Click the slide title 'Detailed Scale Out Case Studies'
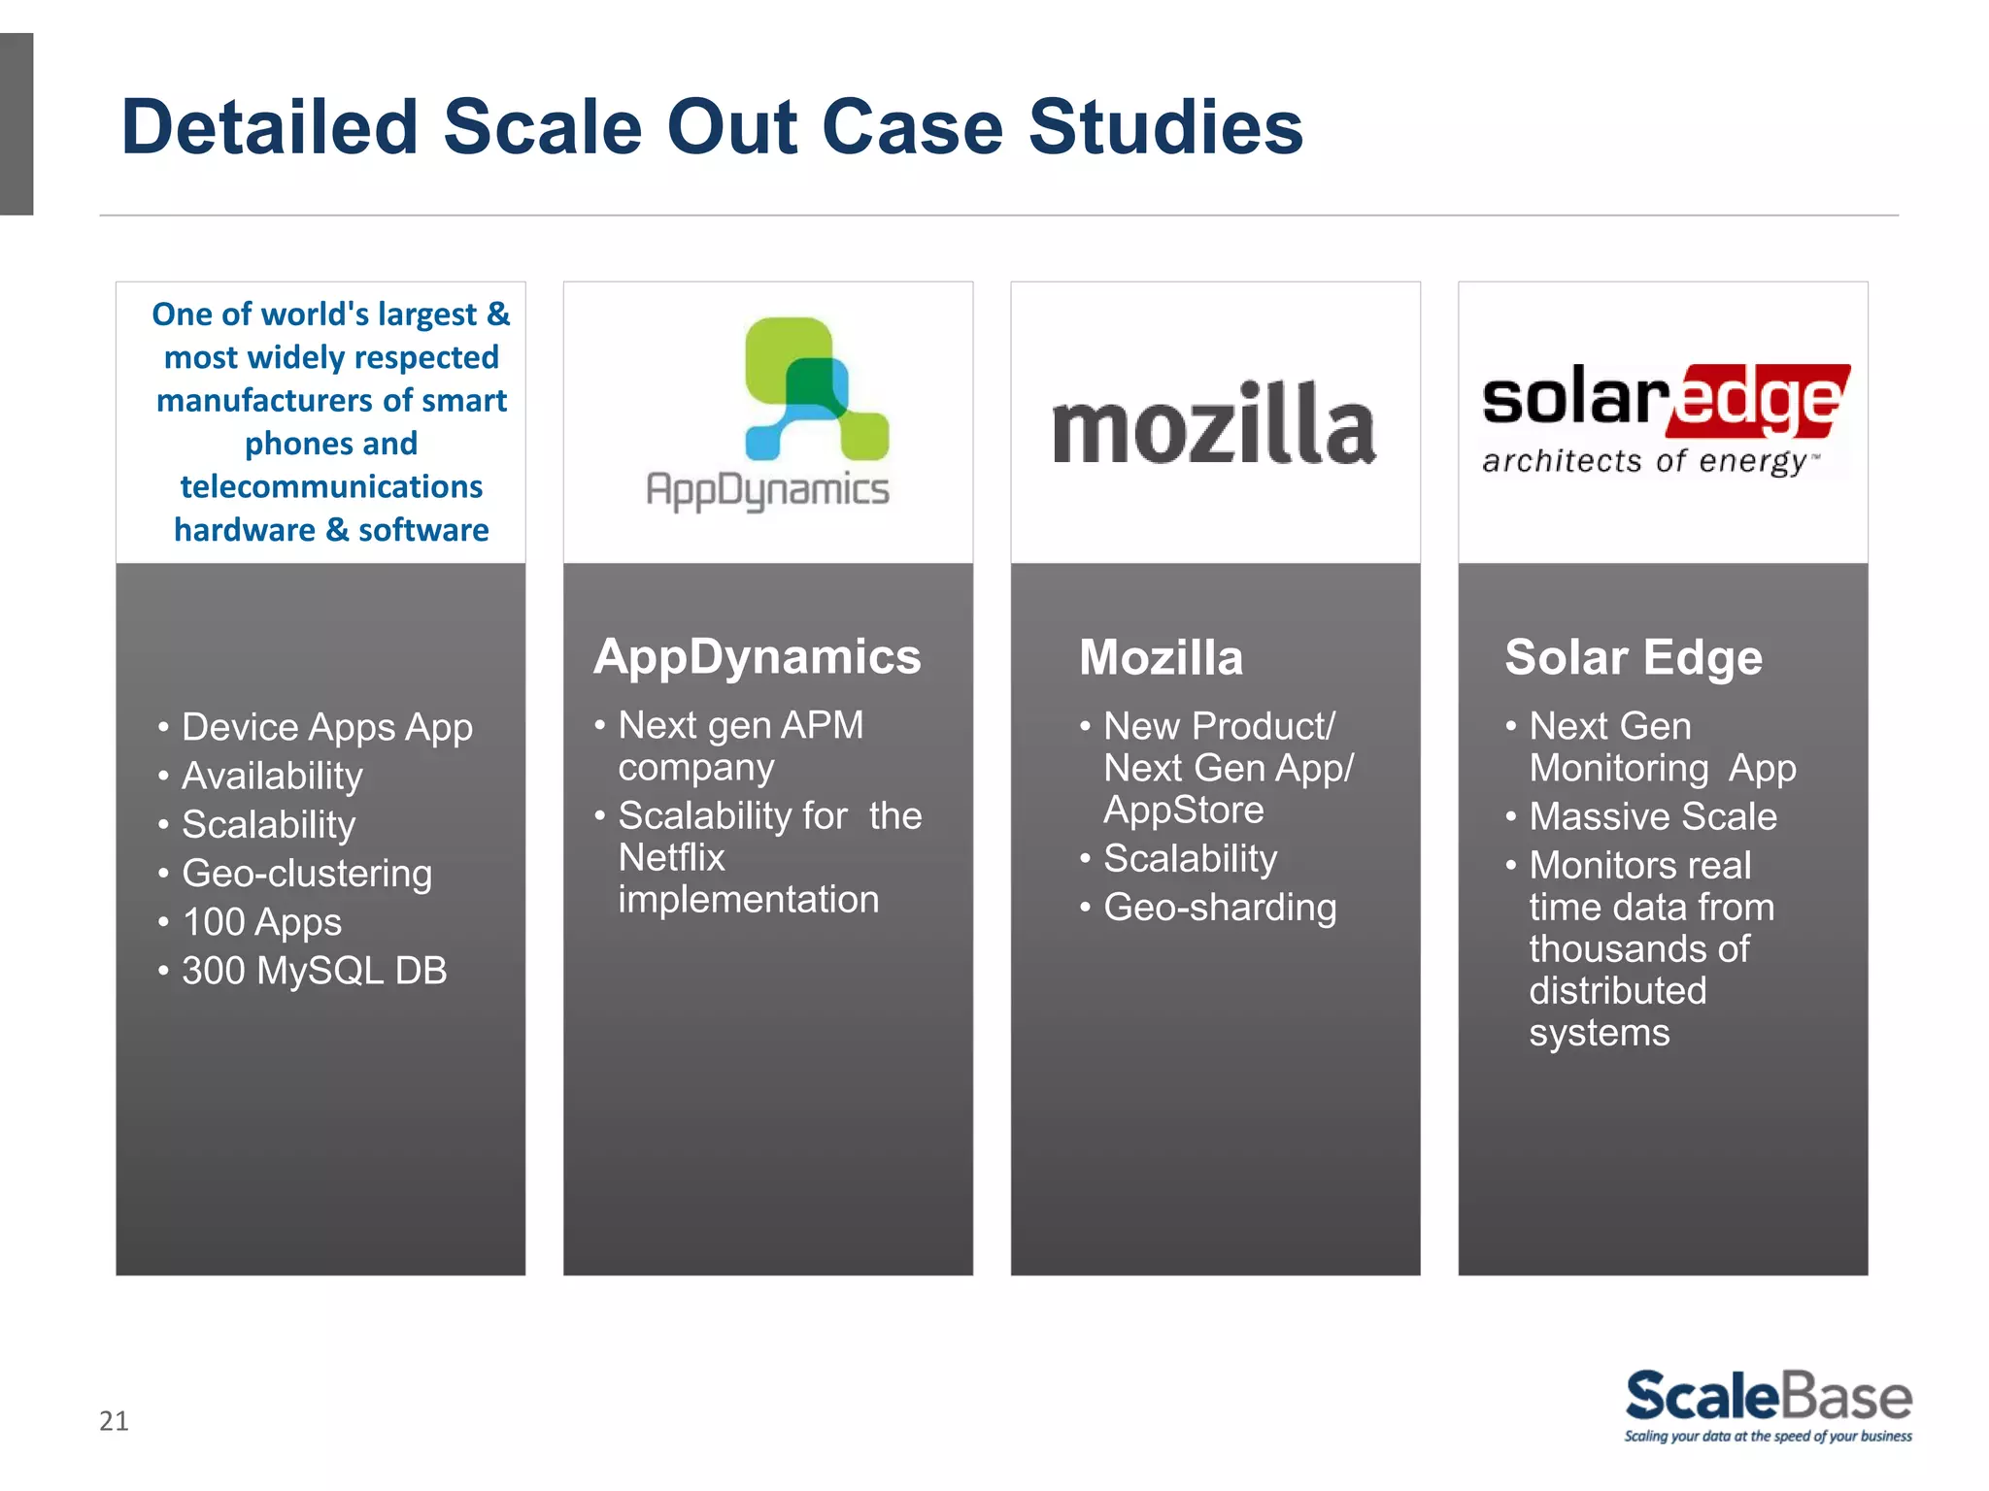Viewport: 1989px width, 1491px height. (x=712, y=127)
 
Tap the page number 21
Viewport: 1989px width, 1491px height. (x=114, y=1421)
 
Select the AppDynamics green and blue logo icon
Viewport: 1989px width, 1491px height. (x=815, y=388)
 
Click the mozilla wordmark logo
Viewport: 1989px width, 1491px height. (x=1214, y=424)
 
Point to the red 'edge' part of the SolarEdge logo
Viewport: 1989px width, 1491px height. (x=1758, y=401)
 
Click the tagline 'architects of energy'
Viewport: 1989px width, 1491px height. (x=1645, y=461)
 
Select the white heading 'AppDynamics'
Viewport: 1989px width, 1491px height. (x=757, y=657)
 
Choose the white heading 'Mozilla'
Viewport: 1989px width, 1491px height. (x=1161, y=658)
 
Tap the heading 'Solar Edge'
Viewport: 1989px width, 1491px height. (x=1633, y=658)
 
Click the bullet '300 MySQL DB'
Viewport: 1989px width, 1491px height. (x=314, y=971)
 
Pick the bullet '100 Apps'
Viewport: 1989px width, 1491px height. (x=261, y=922)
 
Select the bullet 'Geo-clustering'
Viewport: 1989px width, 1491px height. (x=306, y=874)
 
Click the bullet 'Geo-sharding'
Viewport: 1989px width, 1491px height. (x=1219, y=908)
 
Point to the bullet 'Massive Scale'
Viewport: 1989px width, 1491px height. (x=1652, y=816)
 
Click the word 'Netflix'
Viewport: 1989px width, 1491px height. (x=671, y=858)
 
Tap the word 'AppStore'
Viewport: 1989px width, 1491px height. (x=1183, y=810)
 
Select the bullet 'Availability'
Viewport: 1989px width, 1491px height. (x=272, y=776)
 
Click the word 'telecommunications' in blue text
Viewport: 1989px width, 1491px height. (x=331, y=486)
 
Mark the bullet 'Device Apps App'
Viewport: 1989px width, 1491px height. (x=326, y=727)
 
